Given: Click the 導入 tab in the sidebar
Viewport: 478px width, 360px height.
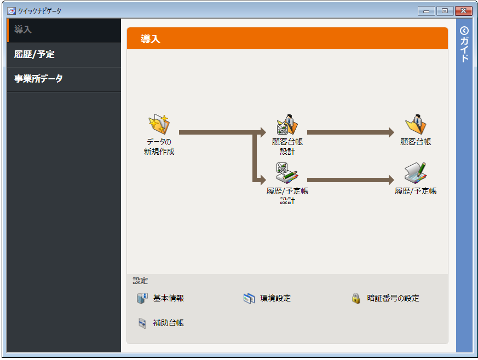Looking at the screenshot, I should tap(23, 30).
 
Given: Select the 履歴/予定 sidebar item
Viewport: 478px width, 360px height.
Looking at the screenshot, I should tap(34, 54).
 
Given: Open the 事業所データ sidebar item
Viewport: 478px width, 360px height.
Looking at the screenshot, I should tap(38, 79).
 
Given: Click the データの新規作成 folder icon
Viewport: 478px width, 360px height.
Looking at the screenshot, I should tap(159, 125).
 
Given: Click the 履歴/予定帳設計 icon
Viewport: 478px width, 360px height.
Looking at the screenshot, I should tap(287, 173).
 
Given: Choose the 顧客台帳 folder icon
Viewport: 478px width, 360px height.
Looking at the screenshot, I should tap(416, 125).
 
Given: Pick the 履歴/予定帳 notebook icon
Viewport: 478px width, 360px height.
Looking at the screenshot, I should tap(416, 173).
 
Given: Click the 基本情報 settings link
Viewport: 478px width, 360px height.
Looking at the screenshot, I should tap(168, 299).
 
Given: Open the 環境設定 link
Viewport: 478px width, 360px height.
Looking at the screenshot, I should tap(275, 299).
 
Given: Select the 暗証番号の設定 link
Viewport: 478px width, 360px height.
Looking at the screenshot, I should tap(393, 299).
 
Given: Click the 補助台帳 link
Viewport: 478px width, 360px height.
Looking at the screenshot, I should tap(168, 323).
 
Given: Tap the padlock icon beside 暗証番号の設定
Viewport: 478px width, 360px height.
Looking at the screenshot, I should tap(356, 299).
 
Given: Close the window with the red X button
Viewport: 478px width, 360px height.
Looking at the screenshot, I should tap(463, 10).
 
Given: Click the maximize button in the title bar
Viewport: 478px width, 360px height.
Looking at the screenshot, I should tap(445, 10).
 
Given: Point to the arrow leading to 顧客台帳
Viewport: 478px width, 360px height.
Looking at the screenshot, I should tap(350, 132).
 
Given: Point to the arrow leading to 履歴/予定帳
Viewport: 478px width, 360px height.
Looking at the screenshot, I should tap(350, 179).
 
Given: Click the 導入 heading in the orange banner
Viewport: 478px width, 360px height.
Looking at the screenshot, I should tap(150, 39).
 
